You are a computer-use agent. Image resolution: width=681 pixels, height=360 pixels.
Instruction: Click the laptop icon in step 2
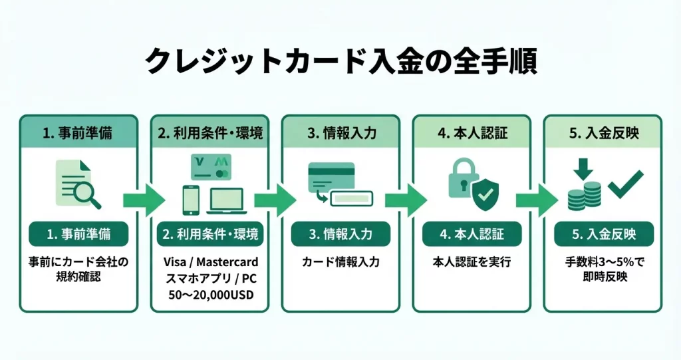coord(226,200)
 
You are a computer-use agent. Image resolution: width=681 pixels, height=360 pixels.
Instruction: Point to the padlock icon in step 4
coord(460,179)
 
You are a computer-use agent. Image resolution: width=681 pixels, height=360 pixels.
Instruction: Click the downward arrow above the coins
coord(583,169)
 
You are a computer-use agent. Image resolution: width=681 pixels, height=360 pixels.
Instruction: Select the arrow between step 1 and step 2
coord(143,199)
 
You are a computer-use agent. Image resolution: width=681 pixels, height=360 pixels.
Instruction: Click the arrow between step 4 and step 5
coord(536,199)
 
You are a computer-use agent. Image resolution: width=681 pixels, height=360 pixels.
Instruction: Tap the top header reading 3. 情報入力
coord(340,132)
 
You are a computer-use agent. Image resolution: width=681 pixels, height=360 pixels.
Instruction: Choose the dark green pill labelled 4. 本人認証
coord(472,234)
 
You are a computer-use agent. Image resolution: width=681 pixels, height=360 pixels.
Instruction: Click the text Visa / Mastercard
coord(209,262)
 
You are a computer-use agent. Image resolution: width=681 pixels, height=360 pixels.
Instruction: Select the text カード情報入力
coord(340,262)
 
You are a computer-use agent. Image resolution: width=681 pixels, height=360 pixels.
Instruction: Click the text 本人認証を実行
coord(472,262)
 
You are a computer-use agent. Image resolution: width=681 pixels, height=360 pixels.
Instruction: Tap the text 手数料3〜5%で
coord(603,262)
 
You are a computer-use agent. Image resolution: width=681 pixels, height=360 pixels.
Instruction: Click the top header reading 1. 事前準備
coord(78,132)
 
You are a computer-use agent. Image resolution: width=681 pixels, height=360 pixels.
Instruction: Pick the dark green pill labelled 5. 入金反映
coord(603,234)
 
